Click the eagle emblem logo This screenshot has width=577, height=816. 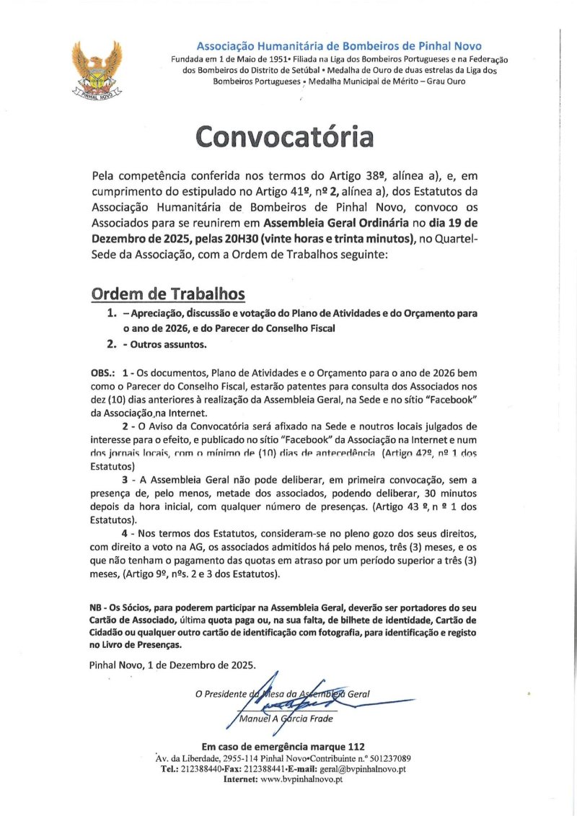[97, 69]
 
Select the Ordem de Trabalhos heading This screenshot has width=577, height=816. [168, 294]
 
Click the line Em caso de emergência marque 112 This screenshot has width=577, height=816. [284, 746]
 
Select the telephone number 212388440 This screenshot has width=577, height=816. [211, 769]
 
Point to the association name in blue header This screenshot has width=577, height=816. [339, 47]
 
